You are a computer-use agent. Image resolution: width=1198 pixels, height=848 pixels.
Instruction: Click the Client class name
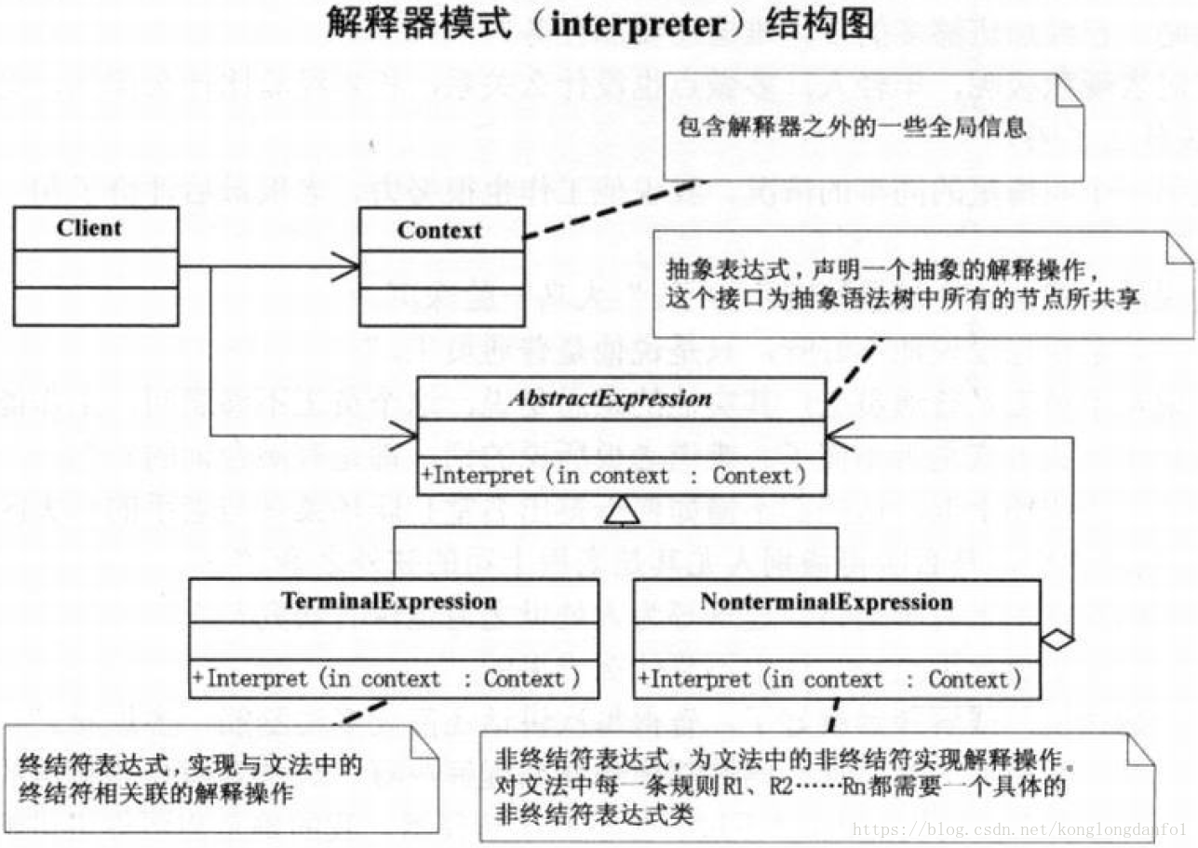(89, 228)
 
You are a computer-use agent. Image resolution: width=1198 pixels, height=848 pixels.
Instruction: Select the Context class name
(439, 230)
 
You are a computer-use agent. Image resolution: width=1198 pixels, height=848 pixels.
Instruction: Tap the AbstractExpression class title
(623, 398)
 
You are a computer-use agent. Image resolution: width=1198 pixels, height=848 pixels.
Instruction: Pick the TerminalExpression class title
(389, 601)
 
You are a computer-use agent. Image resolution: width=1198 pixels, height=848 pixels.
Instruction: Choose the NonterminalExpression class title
(827, 601)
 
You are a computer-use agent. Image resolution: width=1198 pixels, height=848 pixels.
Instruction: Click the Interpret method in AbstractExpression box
(613, 476)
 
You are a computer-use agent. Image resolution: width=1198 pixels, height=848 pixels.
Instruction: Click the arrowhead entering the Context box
(348, 268)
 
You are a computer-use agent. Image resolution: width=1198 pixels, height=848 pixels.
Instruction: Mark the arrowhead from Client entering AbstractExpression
(405, 434)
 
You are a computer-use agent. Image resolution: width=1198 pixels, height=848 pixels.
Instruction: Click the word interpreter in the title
(637, 24)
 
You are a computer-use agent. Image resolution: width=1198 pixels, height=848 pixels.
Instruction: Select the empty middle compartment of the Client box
(96, 268)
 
